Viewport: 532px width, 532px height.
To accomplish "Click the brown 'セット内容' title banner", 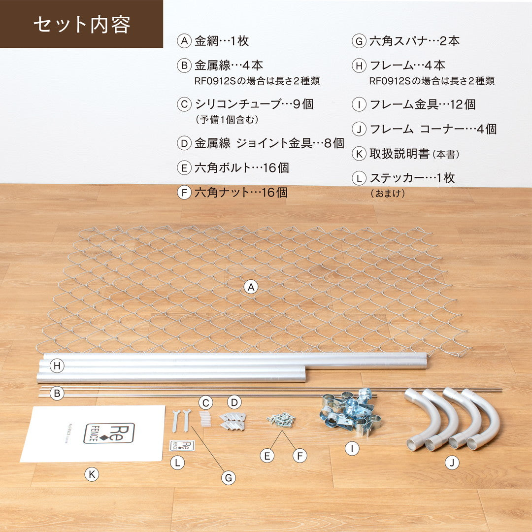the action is click(x=81, y=24).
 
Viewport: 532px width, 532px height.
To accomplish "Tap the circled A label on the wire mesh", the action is click(x=251, y=287).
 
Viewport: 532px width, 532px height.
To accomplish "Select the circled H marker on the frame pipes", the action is click(x=57, y=366).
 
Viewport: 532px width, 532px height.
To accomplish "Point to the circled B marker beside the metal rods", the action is click(x=57, y=393).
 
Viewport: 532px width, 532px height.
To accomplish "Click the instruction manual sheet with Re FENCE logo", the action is click(x=93, y=433).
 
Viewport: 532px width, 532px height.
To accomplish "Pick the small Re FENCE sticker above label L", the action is click(x=182, y=445).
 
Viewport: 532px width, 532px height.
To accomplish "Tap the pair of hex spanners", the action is click(x=181, y=421).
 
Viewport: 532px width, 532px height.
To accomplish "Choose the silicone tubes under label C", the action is click(x=204, y=418).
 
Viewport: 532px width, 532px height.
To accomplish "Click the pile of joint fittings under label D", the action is click(x=233, y=421).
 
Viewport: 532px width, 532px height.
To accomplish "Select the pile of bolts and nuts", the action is click(x=281, y=419).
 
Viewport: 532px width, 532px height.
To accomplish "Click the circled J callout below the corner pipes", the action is click(x=452, y=463).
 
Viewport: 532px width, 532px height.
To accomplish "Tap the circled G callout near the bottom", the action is click(x=229, y=478).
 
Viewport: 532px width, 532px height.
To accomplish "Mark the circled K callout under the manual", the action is click(x=92, y=474).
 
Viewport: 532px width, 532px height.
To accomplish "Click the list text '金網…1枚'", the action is click(x=222, y=41).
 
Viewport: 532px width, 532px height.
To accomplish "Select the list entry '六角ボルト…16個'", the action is click(x=241, y=167).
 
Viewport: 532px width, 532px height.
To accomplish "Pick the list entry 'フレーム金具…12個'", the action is click(x=423, y=104).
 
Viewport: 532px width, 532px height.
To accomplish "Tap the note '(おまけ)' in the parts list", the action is click(x=388, y=194).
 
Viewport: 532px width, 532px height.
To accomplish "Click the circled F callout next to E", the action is click(x=300, y=456).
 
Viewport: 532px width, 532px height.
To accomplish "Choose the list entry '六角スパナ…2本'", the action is click(x=415, y=41).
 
